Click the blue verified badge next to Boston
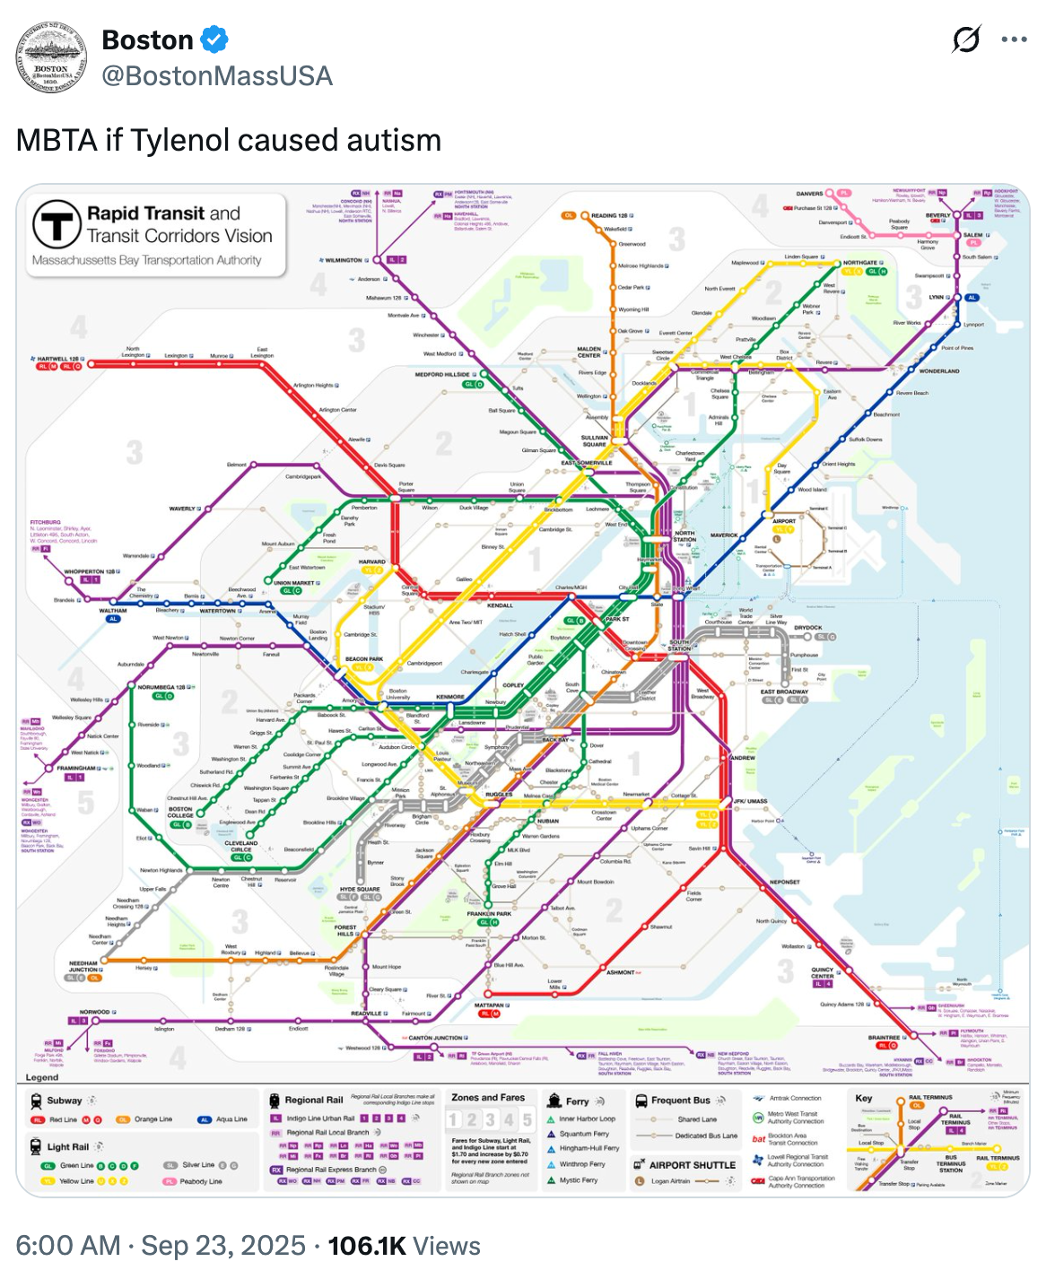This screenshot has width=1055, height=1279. point(214,39)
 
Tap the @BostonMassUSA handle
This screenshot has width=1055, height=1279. point(217,76)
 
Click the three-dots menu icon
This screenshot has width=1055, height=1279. point(1014,39)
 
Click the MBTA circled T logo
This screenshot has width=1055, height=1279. point(57,224)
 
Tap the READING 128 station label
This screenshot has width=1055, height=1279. point(610,215)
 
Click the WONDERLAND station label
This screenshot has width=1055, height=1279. point(939,370)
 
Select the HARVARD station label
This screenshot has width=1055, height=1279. point(372,561)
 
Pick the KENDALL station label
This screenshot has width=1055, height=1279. point(500,605)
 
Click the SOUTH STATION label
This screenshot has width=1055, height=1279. point(680,645)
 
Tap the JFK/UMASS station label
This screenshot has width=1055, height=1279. point(750,801)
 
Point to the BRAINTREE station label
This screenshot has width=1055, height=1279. point(884,1037)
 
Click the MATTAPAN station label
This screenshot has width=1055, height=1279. point(489,1005)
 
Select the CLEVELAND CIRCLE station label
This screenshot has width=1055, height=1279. point(240,846)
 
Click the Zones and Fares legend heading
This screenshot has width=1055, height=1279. point(488,1097)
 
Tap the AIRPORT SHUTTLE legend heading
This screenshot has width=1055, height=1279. point(692,1165)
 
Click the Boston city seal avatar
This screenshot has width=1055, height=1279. point(51,58)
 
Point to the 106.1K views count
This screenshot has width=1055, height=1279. point(366,1246)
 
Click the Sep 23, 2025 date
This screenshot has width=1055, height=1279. point(223,1246)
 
